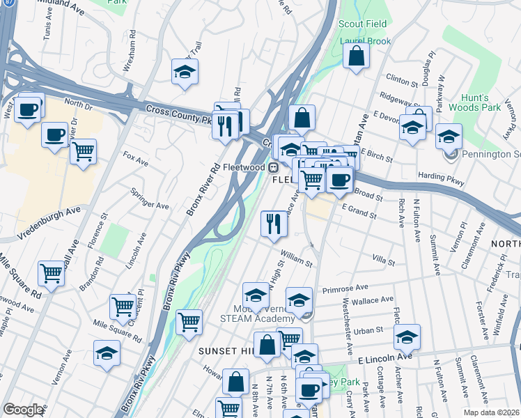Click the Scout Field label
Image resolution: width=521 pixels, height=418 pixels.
pos(362,24)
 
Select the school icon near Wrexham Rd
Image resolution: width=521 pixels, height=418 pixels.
pos(185,71)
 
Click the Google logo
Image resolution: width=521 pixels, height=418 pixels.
pos(23,410)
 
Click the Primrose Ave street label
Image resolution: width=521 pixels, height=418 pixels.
pos(345,288)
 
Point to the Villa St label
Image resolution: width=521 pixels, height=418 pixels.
pos(383,261)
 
